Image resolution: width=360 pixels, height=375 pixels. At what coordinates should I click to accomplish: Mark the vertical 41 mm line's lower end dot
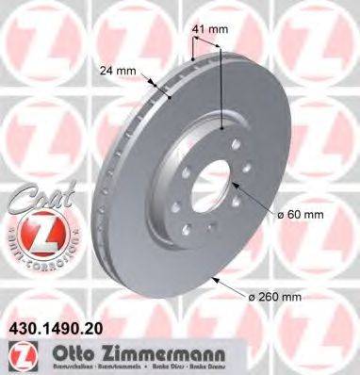tap(222, 129)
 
